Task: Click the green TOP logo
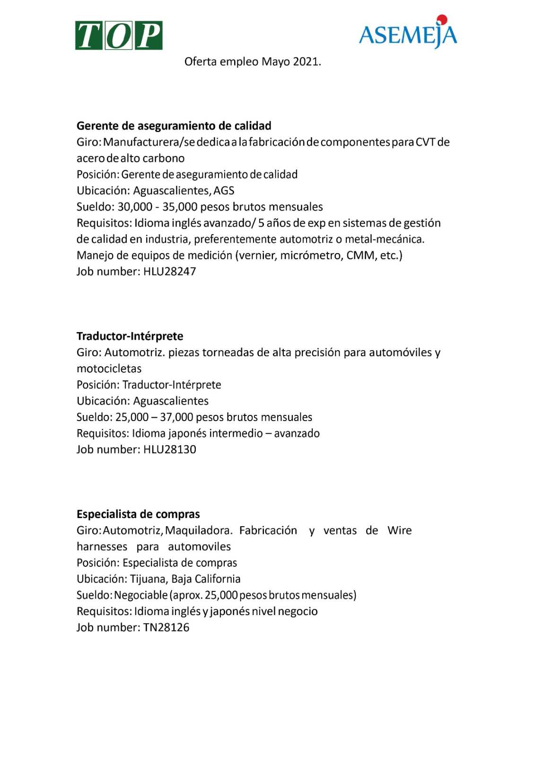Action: coord(119,35)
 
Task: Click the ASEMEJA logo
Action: coord(408,34)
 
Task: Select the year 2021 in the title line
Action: coord(306,62)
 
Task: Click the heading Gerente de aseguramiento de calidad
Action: coord(174,126)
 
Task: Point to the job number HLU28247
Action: coord(169,272)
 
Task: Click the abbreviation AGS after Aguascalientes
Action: coord(224,191)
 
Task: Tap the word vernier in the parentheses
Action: coord(258,255)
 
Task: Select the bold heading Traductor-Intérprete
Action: coord(130,336)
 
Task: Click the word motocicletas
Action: coord(109,369)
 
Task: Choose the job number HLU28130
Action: coord(169,449)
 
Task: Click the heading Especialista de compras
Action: coord(138,514)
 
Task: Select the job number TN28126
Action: coord(166,628)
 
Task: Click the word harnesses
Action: coord(102,547)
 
